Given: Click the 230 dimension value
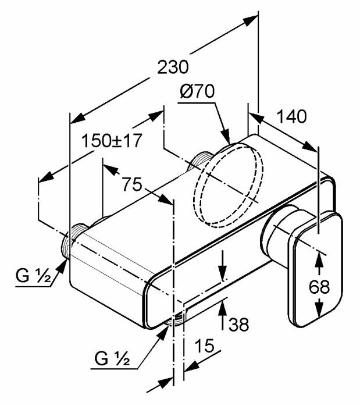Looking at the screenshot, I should [172, 67].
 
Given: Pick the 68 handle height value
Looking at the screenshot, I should [319, 287].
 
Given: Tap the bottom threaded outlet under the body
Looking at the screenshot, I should [176, 318].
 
